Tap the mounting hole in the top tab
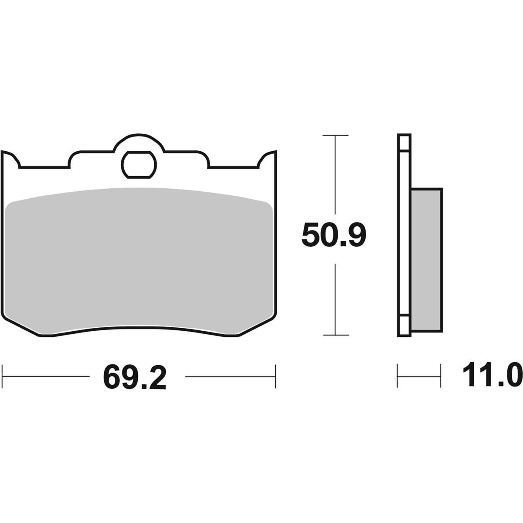tap(139, 165)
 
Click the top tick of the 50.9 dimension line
tap(335, 135)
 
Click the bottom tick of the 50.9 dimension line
tap(336, 336)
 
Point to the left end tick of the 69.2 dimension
tap(2, 377)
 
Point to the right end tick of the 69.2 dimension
tap(275, 377)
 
